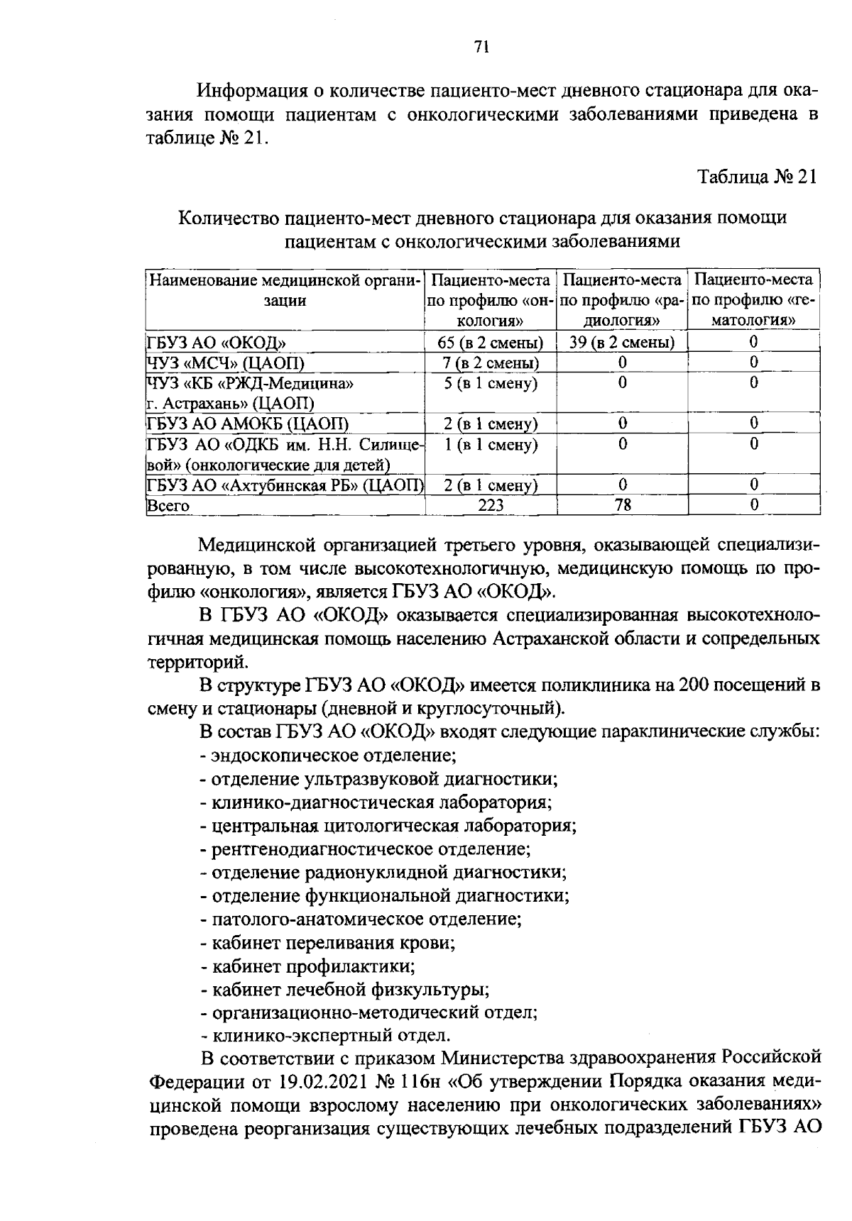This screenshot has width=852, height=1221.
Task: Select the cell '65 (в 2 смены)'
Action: click(x=491, y=343)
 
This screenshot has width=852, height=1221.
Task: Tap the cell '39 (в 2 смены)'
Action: click(x=622, y=343)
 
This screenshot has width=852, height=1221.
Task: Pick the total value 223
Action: click(x=491, y=505)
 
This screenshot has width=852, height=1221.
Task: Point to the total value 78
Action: click(x=622, y=505)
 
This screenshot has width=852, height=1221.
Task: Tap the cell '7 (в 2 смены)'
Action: click(x=491, y=363)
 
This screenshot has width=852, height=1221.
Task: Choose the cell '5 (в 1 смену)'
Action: click(x=491, y=384)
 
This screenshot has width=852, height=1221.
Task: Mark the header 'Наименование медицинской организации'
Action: click(x=285, y=289)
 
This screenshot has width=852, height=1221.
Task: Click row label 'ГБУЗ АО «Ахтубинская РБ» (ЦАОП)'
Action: click(x=285, y=485)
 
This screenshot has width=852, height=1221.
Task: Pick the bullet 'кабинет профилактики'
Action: click(x=313, y=966)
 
